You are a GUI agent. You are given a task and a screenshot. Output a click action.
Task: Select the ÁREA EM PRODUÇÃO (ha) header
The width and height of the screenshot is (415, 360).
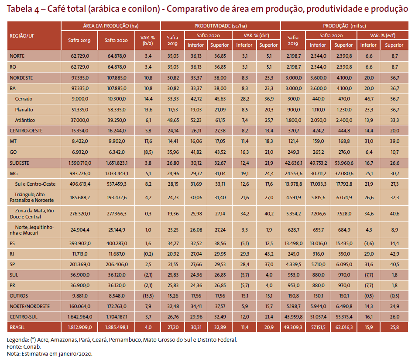[111, 26]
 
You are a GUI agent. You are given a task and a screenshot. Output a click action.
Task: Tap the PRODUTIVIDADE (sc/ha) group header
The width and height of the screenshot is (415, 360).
[220, 26]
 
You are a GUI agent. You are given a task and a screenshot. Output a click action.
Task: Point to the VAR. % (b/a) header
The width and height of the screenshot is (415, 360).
[147, 41]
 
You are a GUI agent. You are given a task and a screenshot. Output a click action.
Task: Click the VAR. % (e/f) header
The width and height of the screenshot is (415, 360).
[382, 35]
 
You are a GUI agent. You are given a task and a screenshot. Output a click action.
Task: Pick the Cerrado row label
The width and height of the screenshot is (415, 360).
[24, 99]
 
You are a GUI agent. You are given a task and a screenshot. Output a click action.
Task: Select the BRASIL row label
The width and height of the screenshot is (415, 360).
[17, 327]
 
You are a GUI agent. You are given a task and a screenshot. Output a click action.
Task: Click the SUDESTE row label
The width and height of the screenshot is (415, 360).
[19, 163]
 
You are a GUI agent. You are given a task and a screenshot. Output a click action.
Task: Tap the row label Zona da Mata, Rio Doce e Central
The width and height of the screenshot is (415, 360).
[32, 214]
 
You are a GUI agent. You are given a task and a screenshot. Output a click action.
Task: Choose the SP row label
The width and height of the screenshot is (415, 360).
[12, 264]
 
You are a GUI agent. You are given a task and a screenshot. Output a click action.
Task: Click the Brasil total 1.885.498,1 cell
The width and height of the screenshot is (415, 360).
[117, 327]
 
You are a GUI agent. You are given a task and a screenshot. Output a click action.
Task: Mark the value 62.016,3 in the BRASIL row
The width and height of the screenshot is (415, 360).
[344, 327]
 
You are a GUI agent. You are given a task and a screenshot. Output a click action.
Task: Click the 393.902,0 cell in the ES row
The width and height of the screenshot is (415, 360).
[80, 243]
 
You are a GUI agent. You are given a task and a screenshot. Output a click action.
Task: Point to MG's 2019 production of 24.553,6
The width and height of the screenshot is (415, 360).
[293, 173]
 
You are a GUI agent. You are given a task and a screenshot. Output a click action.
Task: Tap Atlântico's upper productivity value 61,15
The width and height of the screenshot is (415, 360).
[220, 120]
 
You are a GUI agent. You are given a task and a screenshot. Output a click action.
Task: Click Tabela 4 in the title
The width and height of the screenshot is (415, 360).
[23, 9]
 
